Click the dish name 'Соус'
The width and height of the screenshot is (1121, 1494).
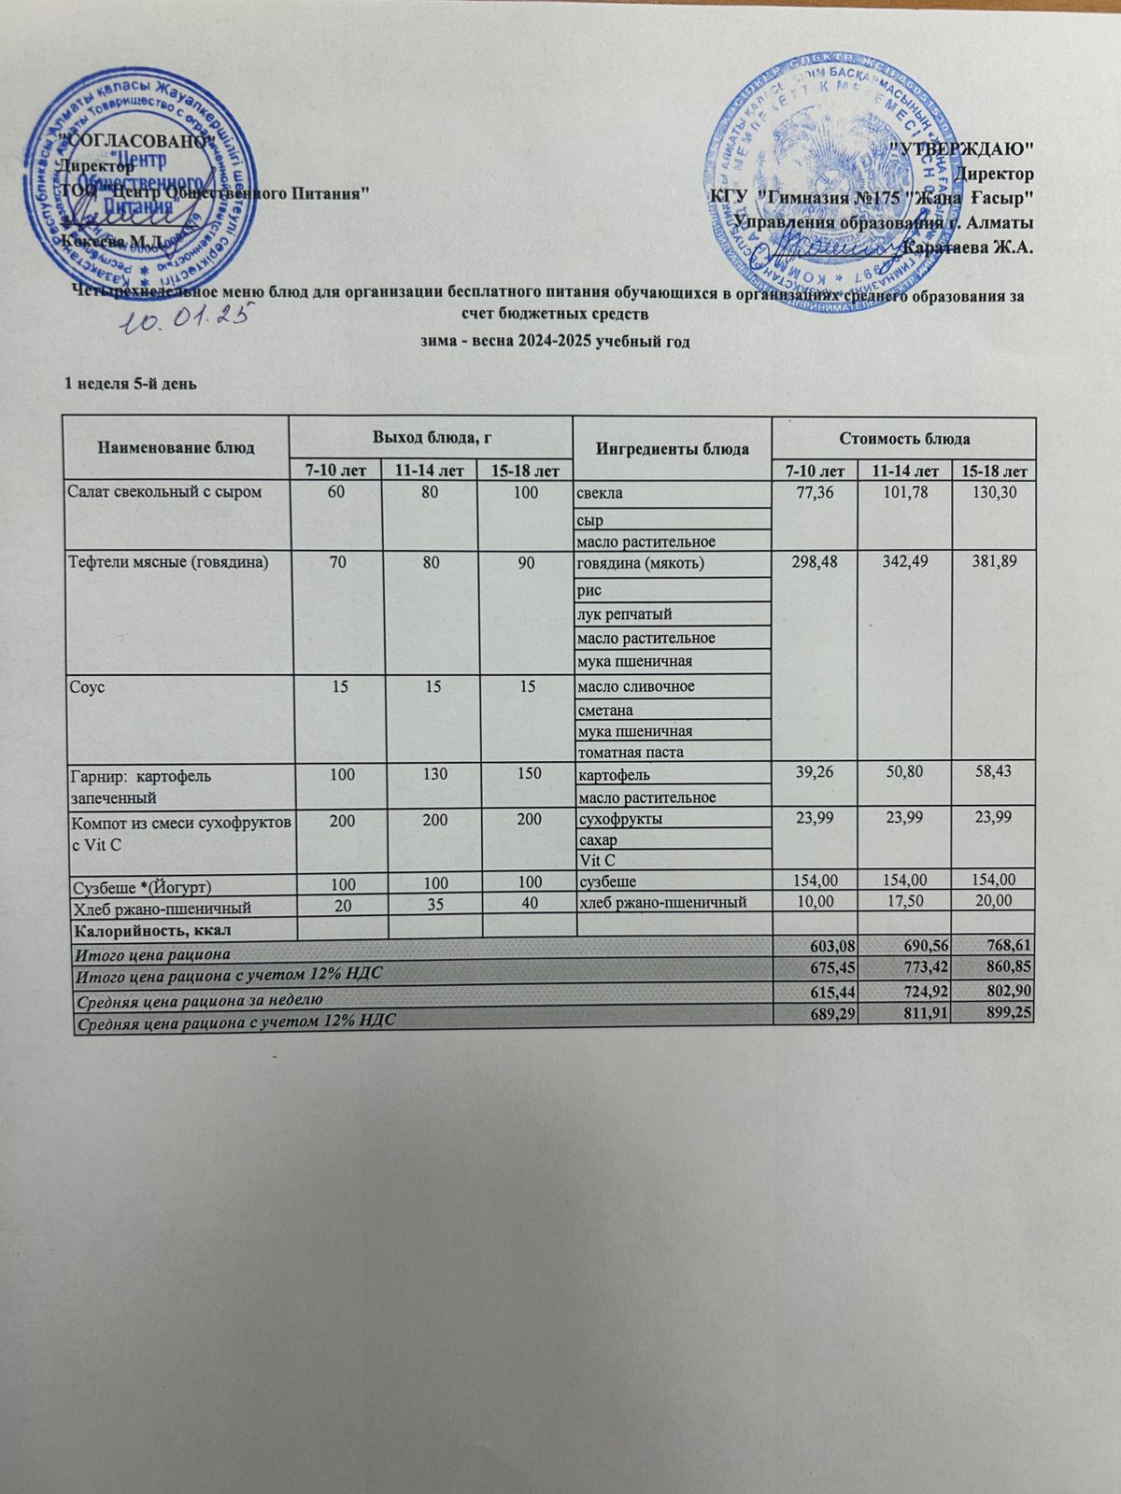85,686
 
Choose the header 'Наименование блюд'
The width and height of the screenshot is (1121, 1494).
176,448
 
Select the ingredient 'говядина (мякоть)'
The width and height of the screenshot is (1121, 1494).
641,563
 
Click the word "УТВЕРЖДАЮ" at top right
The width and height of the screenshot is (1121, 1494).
962,148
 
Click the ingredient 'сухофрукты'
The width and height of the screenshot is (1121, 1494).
621,819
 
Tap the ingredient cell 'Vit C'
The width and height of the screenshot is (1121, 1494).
597,859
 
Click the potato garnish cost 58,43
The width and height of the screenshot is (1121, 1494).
993,773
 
